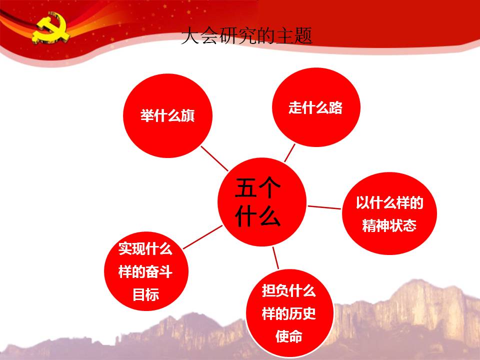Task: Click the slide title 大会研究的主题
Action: click(246, 36)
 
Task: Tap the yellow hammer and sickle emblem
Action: click(51, 28)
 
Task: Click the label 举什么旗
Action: click(167, 115)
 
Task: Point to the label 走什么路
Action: click(315, 107)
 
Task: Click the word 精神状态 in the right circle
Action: click(389, 226)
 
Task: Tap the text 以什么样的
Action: click(389, 202)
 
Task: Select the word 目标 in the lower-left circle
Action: click(145, 295)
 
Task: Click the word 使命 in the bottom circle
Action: click(288, 336)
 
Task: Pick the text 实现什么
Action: click(145, 248)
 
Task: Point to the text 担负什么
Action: click(288, 290)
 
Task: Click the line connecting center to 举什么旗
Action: click(214, 158)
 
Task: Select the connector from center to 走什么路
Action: click(289, 153)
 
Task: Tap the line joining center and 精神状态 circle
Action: click(324, 207)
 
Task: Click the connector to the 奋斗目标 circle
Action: click(202, 237)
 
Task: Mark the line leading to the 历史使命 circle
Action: click(275, 258)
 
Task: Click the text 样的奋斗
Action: click(145, 272)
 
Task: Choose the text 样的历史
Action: click(288, 313)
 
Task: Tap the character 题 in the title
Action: click(303, 36)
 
